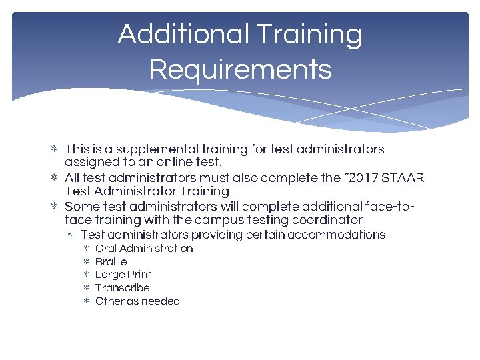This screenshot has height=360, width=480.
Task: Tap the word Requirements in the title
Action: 240,69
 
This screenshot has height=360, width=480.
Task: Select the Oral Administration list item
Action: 144,249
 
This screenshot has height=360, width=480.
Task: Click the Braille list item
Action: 111,262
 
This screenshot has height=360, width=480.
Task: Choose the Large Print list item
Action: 123,275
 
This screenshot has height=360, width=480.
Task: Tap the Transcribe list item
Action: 122,288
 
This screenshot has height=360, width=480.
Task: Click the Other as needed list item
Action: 137,301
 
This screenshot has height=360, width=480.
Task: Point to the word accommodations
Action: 336,235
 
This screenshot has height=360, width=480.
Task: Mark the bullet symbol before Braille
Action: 85,262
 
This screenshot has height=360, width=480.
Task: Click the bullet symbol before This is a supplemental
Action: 55,149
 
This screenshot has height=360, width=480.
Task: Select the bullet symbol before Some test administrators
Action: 55,207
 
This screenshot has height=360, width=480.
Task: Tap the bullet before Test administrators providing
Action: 70,235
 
